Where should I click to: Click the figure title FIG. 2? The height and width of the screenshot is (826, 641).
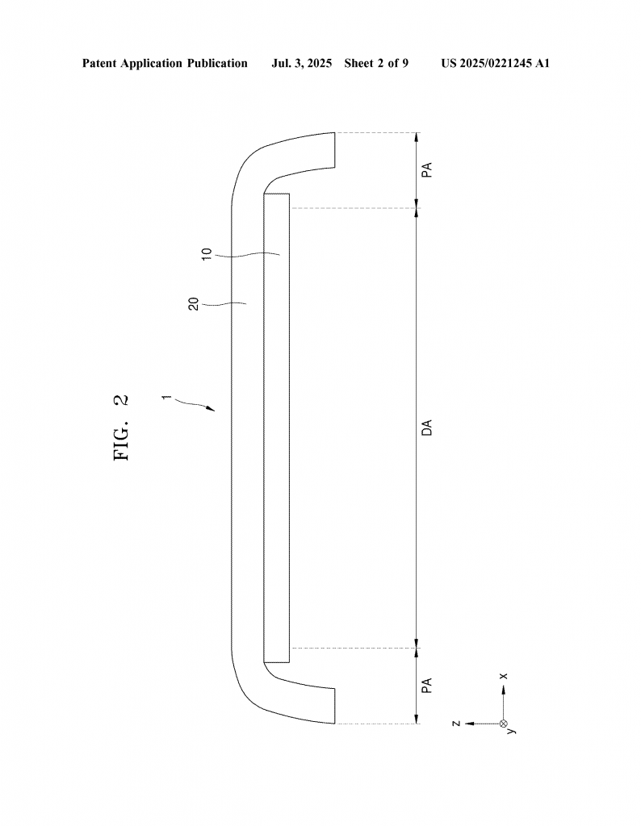pos(121,428)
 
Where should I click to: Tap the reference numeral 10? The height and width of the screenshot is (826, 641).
pos(207,252)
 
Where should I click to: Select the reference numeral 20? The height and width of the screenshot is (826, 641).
pos(194,304)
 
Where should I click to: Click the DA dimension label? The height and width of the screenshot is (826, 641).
pos(427,428)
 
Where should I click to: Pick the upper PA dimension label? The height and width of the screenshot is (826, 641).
pos(427,169)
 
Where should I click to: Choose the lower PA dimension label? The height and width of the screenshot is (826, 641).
pos(427,685)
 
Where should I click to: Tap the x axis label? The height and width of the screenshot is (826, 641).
pos(504,676)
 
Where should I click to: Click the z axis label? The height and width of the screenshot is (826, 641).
pos(456,724)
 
